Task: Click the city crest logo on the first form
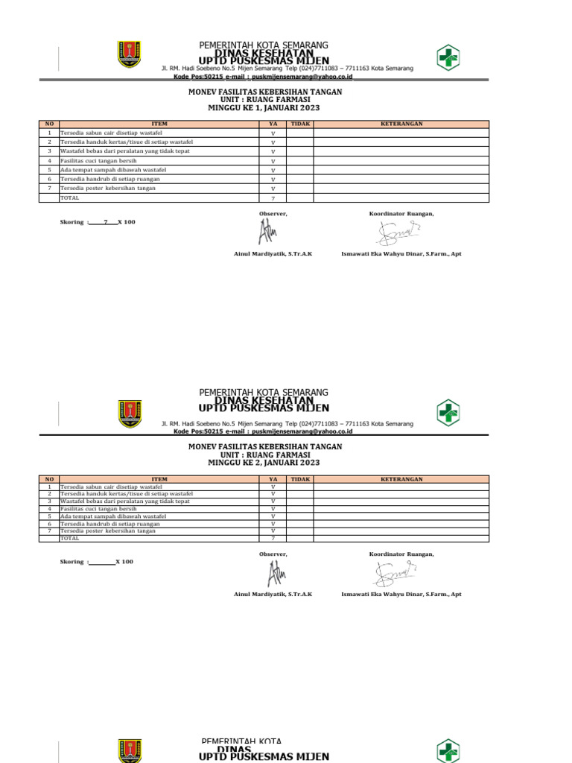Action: click(x=129, y=54)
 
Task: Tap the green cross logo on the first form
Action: click(x=448, y=57)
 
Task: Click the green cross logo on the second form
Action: click(x=448, y=413)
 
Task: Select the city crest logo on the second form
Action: click(x=129, y=413)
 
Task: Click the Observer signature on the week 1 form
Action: click(x=266, y=234)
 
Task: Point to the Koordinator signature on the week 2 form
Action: click(x=396, y=574)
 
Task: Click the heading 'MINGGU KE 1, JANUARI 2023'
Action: click(x=264, y=108)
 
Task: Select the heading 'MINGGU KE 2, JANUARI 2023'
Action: click(x=264, y=463)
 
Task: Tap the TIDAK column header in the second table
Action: click(x=300, y=480)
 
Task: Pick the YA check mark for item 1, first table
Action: click(x=273, y=133)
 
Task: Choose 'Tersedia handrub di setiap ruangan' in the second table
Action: click(x=109, y=524)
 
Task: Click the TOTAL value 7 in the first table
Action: click(x=273, y=198)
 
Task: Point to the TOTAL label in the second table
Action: click(x=70, y=538)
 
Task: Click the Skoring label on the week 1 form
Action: click(x=73, y=222)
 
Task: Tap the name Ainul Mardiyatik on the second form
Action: click(x=273, y=594)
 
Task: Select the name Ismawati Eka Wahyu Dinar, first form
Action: click(x=401, y=254)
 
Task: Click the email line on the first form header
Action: click(x=264, y=77)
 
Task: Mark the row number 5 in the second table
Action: click(x=49, y=516)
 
